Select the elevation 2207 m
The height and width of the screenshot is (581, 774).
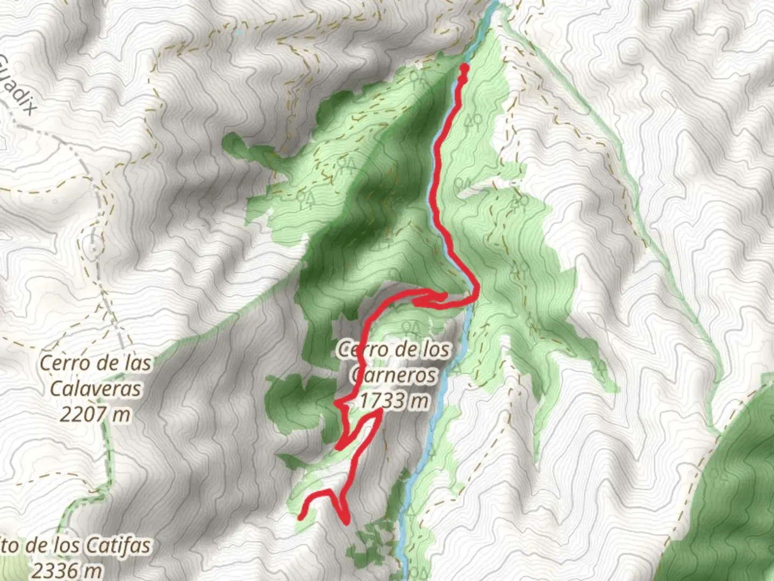point(95,414)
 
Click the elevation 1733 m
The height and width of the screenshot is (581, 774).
point(395,400)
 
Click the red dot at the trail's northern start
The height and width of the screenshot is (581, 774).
point(464,68)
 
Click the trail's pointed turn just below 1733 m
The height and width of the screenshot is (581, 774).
point(380,412)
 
